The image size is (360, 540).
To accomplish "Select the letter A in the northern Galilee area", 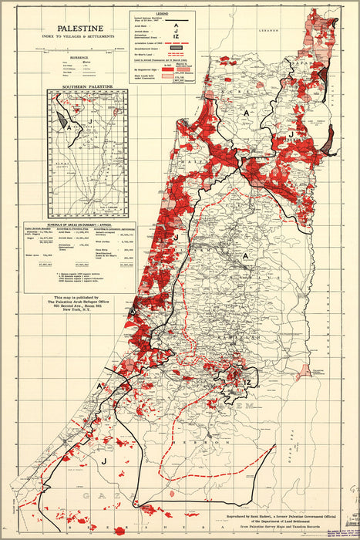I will [246, 113].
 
